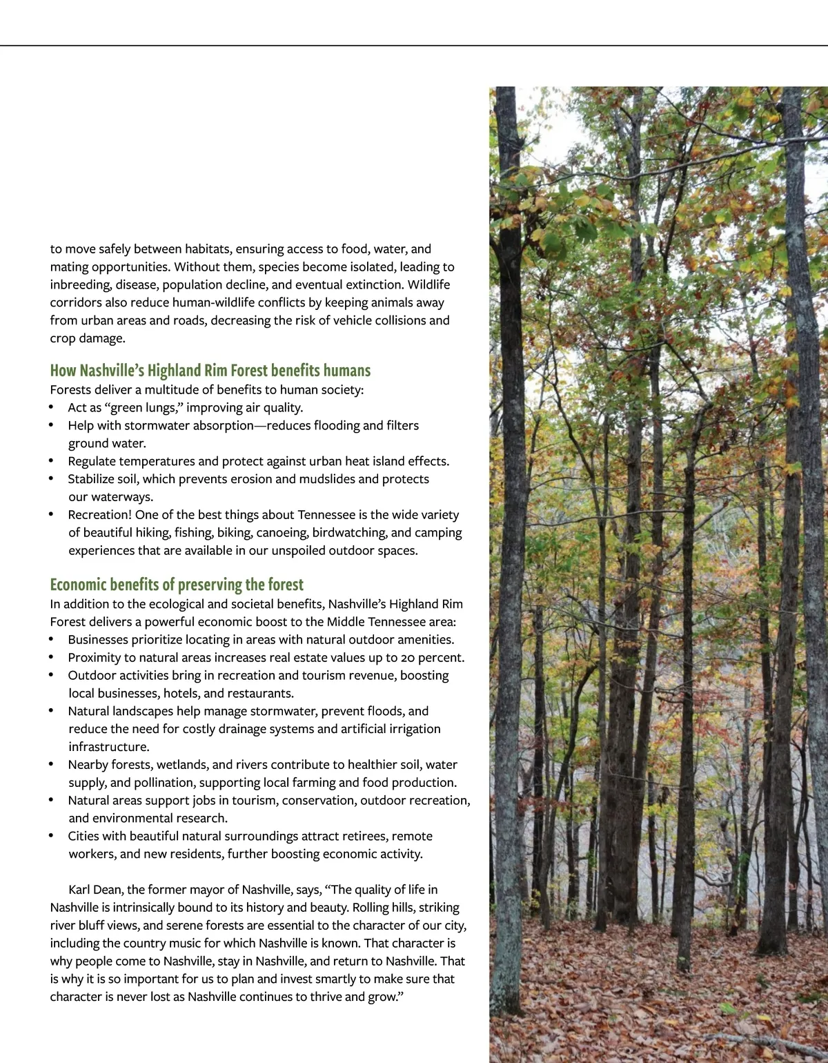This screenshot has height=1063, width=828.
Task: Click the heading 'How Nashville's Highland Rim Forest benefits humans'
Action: pos(210,371)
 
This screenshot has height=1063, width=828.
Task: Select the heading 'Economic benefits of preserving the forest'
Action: pos(177,585)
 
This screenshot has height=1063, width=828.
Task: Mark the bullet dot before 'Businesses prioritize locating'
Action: pos(52,640)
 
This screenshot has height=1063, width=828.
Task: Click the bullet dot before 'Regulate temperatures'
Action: pos(52,461)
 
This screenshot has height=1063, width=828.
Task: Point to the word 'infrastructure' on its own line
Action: pos(108,747)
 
